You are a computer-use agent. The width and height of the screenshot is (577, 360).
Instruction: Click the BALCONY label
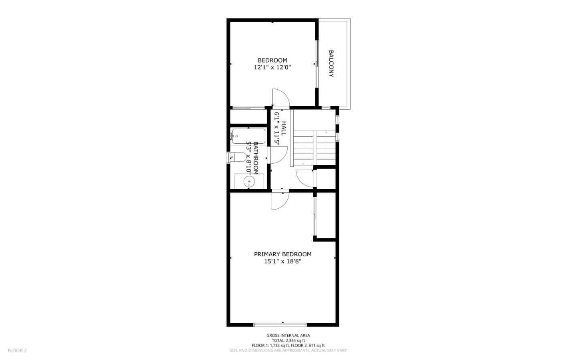pyautogui.click(x=331, y=63)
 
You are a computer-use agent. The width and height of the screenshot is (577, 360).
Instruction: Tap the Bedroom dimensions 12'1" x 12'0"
pyautogui.click(x=272, y=68)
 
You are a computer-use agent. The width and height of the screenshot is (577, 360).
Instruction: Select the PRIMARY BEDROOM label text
pyautogui.click(x=282, y=254)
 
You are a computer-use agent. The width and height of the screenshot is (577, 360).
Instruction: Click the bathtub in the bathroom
pyautogui.click(x=248, y=136)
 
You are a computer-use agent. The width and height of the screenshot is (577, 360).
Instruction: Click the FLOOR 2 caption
pyautogui.click(x=17, y=350)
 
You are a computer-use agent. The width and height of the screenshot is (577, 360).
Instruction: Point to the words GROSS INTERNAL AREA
pyautogui.click(x=288, y=336)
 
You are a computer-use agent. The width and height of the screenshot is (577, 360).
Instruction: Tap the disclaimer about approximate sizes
pyautogui.click(x=288, y=350)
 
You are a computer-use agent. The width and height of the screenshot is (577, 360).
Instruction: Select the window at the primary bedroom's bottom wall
pyautogui.click(x=280, y=324)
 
